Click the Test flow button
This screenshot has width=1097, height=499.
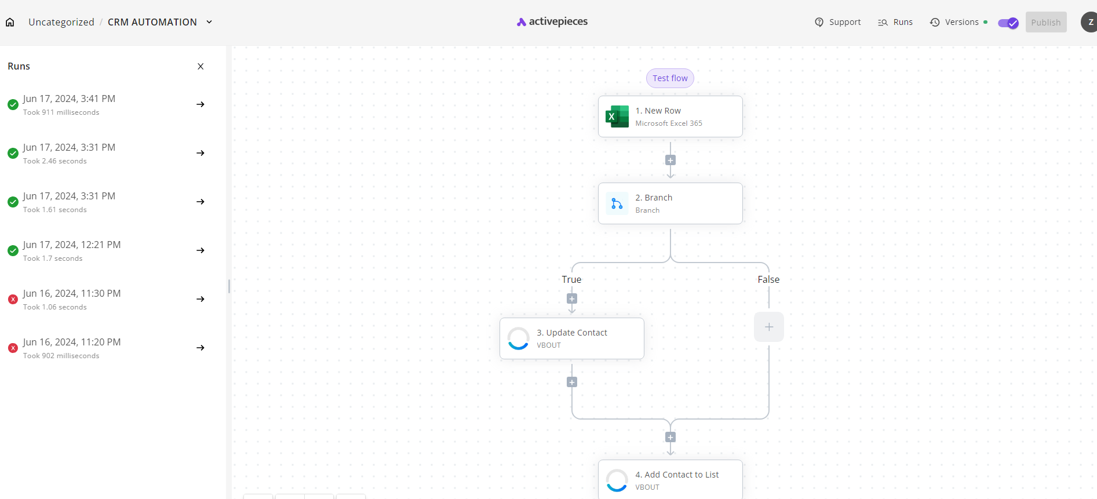click(670, 78)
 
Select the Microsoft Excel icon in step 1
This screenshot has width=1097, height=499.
click(617, 116)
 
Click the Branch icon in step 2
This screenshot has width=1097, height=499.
click(617, 203)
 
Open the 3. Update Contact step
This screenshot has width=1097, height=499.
click(572, 338)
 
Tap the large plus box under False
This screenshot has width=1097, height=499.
click(769, 327)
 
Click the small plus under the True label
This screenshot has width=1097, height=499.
click(572, 298)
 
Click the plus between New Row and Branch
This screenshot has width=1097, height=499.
click(670, 160)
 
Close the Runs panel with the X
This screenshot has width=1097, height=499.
click(201, 66)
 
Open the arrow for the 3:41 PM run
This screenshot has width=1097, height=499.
click(201, 104)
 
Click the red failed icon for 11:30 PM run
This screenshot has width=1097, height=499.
click(13, 299)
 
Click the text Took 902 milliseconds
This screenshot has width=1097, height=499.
click(61, 356)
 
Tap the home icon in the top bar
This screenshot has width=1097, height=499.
click(10, 22)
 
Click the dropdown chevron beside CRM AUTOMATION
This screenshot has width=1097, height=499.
click(209, 22)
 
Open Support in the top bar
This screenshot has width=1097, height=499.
click(838, 22)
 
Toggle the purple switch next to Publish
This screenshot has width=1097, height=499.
click(1008, 23)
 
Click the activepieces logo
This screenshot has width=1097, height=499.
click(552, 21)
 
